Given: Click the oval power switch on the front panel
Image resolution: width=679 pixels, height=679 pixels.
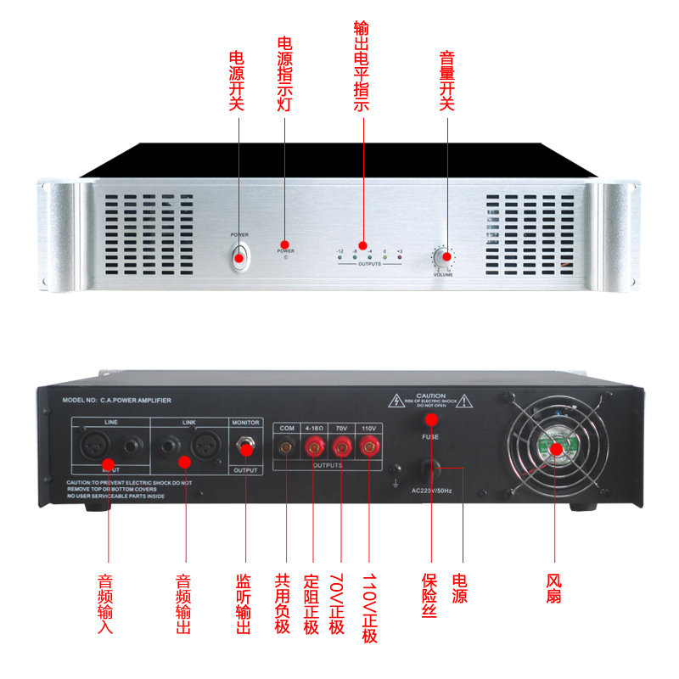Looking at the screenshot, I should (x=239, y=256).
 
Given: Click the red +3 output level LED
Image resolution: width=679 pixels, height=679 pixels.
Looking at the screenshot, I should (x=400, y=257).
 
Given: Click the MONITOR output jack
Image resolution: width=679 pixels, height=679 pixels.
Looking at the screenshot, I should (x=246, y=445).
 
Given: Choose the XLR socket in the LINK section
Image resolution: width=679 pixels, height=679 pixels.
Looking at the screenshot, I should (x=204, y=444).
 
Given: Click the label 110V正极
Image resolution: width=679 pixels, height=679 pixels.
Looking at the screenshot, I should (x=369, y=608).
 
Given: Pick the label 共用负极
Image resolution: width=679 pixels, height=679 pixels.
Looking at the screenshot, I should (x=283, y=604).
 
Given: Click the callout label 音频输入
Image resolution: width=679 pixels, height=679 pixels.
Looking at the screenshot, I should (x=105, y=604).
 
